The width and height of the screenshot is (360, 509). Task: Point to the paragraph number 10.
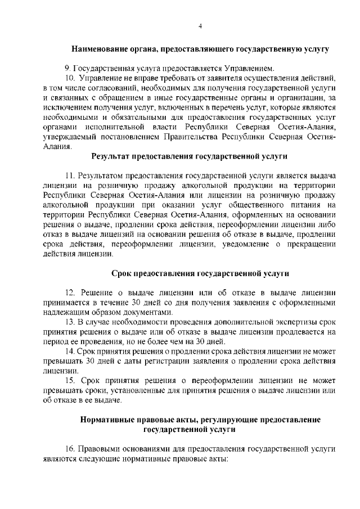(x=70, y=77)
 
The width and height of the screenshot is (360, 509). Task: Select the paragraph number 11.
(x=70, y=177)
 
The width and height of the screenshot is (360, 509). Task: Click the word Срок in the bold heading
(x=121, y=275)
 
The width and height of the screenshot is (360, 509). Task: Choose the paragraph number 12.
(x=70, y=292)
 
